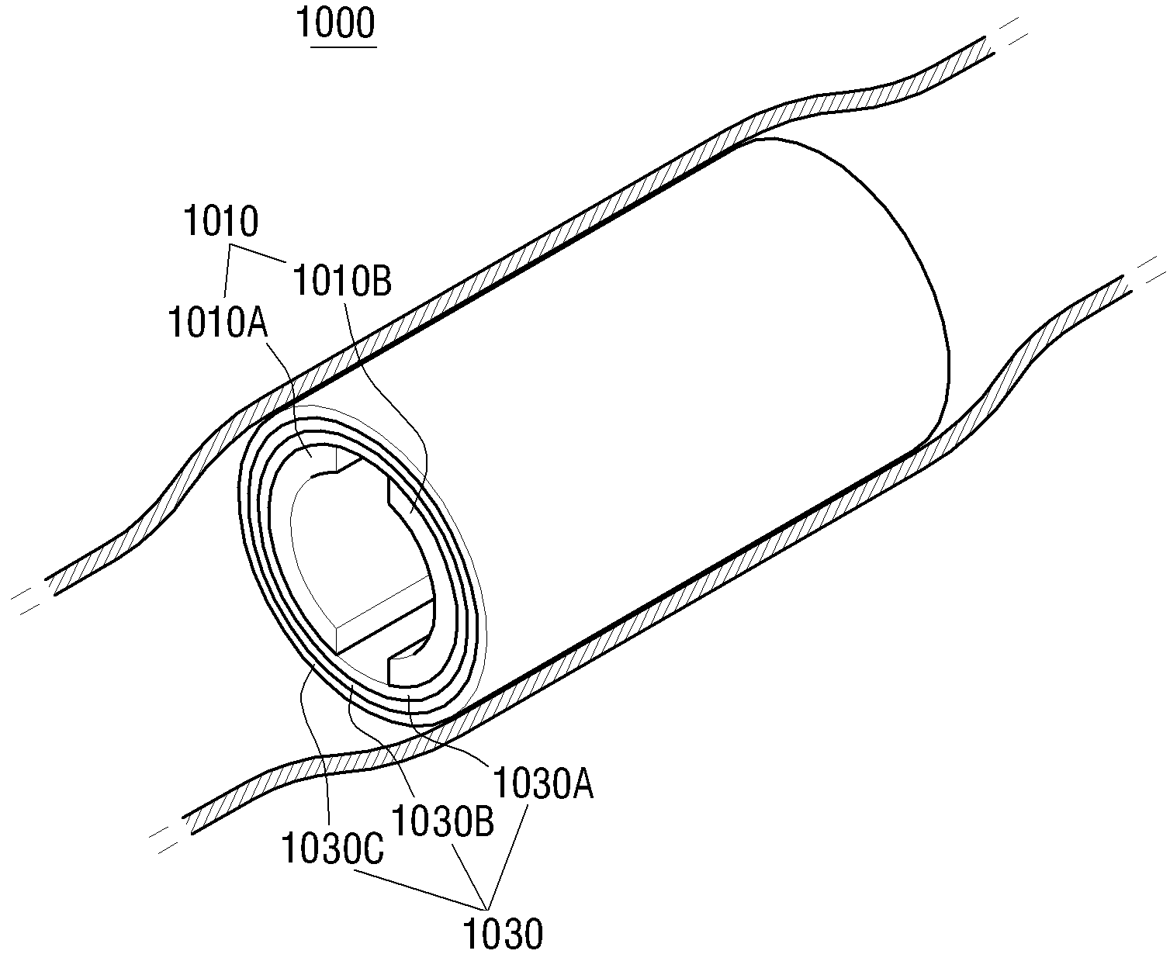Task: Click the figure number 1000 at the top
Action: pyautogui.click(x=336, y=23)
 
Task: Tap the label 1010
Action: pyautogui.click(x=221, y=221)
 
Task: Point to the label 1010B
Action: pyautogui.click(x=342, y=281)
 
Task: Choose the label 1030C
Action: pyautogui.click(x=333, y=849)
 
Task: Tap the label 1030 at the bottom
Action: pyautogui.click(x=504, y=935)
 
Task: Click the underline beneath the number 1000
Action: pyautogui.click(x=344, y=47)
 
